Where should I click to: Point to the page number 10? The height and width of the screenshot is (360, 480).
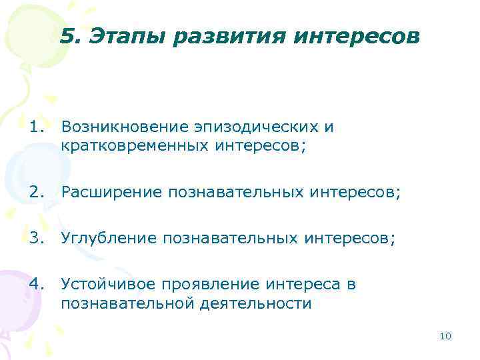[445, 336]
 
